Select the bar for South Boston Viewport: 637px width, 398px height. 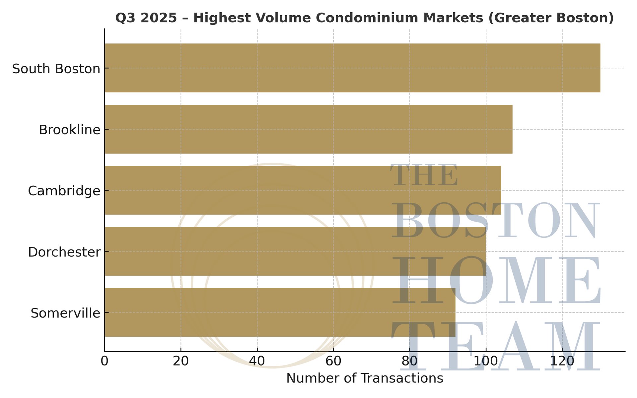(352, 68)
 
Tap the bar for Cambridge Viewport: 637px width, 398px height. (302, 190)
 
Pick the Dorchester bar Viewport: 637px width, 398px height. (295, 251)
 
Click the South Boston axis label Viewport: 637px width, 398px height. (56, 69)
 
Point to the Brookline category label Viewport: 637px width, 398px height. (69, 130)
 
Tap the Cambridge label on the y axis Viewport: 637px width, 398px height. (64, 191)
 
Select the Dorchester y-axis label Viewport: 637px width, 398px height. (64, 252)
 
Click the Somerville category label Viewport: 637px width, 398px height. (65, 313)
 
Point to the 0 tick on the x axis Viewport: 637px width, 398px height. (105, 361)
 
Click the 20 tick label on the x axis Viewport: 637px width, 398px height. (181, 361)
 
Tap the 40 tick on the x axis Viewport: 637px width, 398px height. (257, 361)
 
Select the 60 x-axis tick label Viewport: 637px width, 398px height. (333, 361)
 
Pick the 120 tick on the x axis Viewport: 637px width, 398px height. (562, 361)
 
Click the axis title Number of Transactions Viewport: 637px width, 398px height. (365, 378)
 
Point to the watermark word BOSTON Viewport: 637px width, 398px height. (496, 221)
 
